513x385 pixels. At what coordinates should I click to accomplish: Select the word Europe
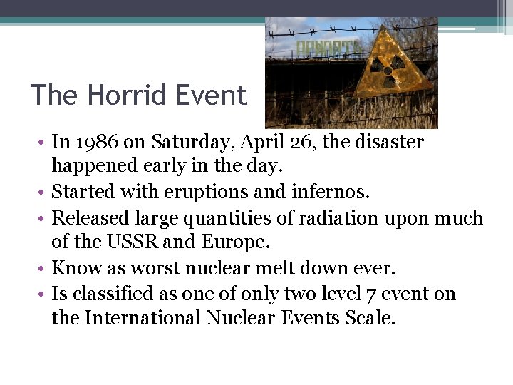click(237, 242)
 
